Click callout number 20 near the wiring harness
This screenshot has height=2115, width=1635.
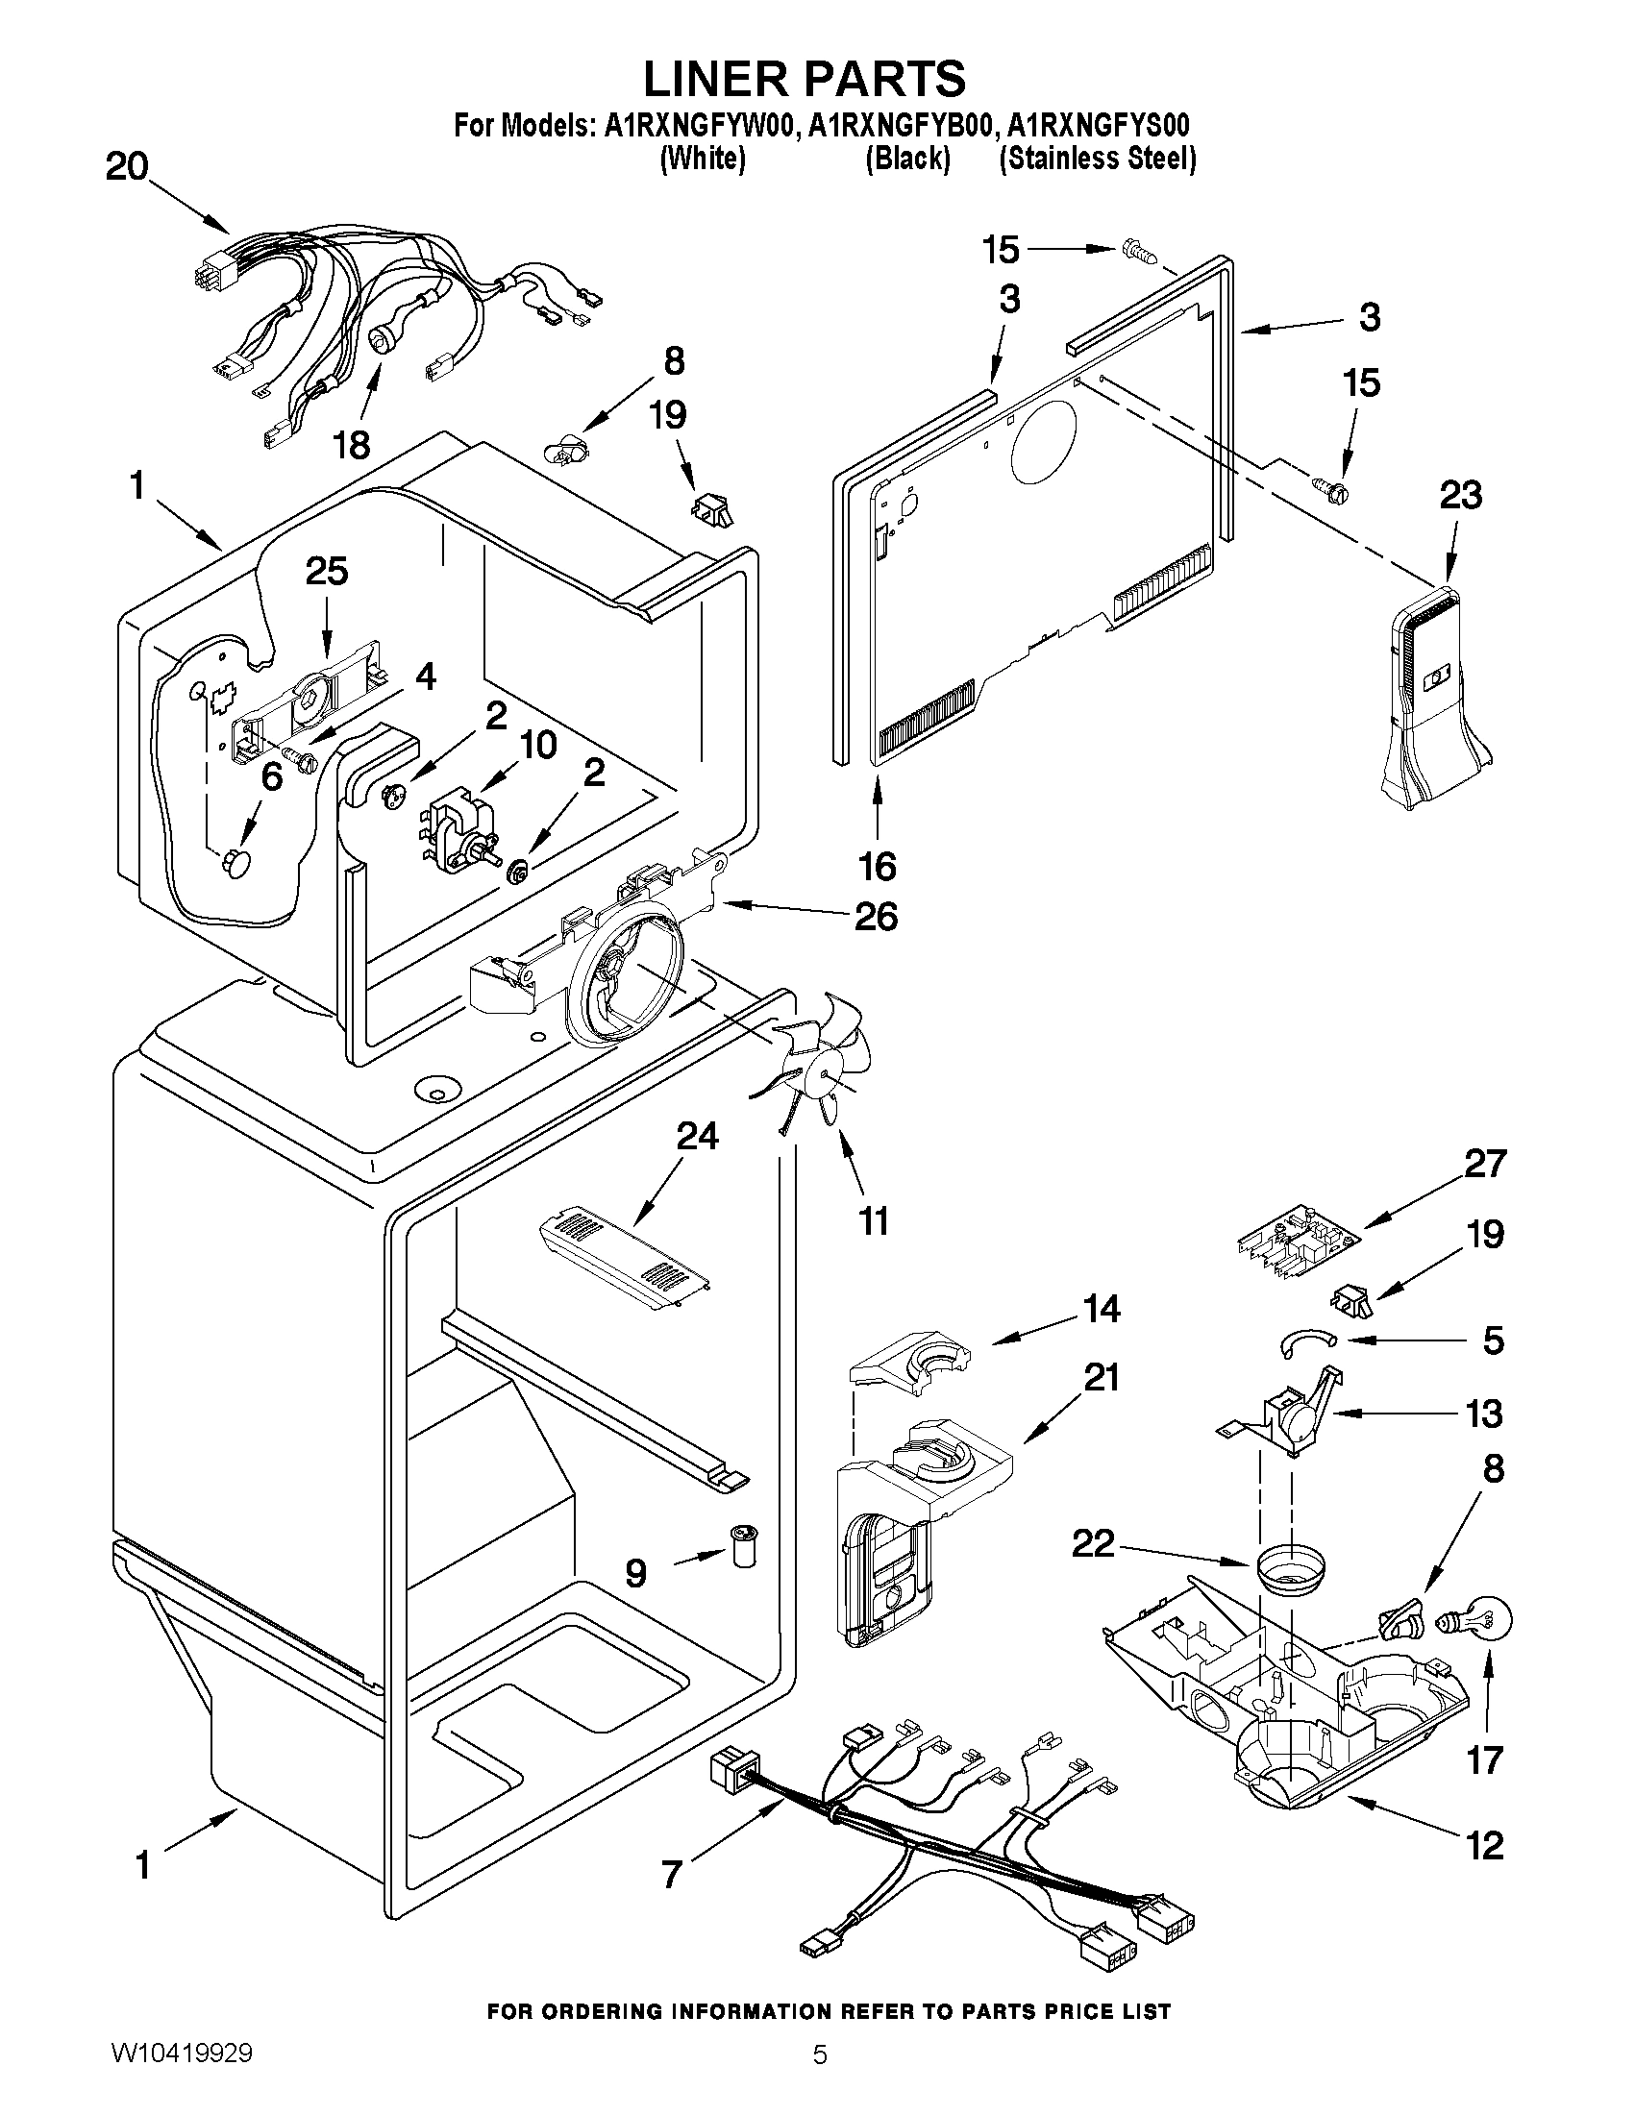127,167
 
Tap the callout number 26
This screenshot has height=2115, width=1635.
876,915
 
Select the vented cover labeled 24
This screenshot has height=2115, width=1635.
625,1258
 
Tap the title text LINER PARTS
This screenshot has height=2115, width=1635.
804,78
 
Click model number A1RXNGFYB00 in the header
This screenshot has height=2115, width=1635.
901,127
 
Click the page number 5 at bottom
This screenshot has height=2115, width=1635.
820,2076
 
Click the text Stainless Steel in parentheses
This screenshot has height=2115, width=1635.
1099,159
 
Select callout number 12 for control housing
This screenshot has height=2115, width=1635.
1485,1845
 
